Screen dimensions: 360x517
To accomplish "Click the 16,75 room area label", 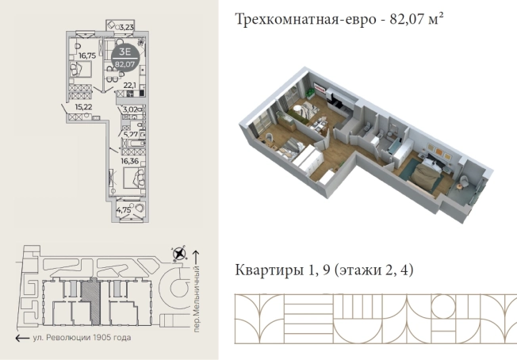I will coord(86,56).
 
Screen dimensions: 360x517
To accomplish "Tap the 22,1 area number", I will coord(130,84).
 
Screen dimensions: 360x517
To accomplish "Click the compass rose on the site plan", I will coord(180,255).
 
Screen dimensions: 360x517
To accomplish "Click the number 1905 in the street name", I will coord(101,338).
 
